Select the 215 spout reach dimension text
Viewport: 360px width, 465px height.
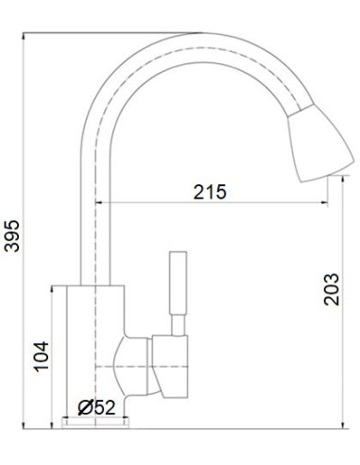tap(209, 192)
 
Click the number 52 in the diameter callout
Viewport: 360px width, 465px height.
tap(105, 407)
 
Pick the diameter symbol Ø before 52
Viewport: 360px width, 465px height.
tap(85, 407)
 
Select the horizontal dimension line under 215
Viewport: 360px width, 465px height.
tap(217, 203)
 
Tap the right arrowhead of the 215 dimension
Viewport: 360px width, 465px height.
tap(331, 203)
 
